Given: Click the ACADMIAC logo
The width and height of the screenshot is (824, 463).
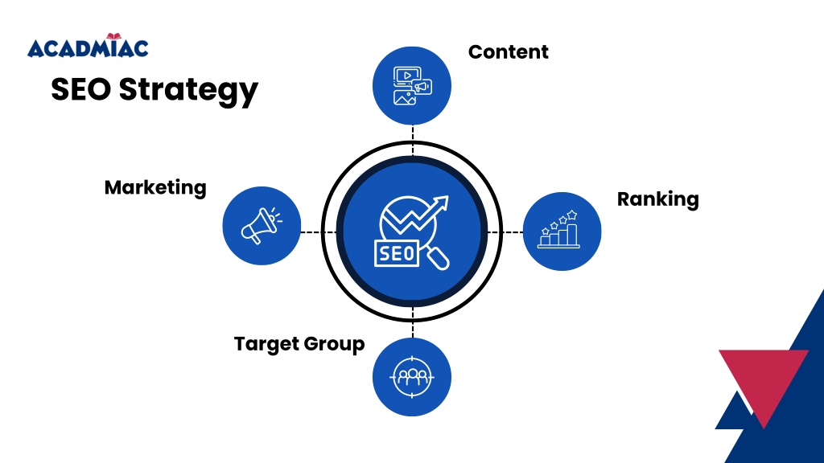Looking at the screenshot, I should coord(88,47).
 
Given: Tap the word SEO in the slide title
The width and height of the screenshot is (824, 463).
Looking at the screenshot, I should coord(80,89).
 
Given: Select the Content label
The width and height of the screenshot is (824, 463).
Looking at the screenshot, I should coord(508,52).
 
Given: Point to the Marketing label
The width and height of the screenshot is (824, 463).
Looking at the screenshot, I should coord(155,188).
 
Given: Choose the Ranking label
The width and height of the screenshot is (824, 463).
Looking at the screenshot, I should coord(657,199).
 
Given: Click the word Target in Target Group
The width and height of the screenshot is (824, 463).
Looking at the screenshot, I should coord(265,344).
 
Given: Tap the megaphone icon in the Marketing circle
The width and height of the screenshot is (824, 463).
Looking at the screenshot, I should coord(261,226).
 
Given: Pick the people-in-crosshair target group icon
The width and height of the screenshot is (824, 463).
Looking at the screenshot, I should coord(412,376).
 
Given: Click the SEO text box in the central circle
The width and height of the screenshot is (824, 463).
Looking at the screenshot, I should coord(395,253).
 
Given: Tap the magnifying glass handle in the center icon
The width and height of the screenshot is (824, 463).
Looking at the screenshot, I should coord(438,259).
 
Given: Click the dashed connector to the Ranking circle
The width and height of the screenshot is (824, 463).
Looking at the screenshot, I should coord(505,231).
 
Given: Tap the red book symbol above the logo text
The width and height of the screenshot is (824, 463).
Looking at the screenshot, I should coord(112,36).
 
